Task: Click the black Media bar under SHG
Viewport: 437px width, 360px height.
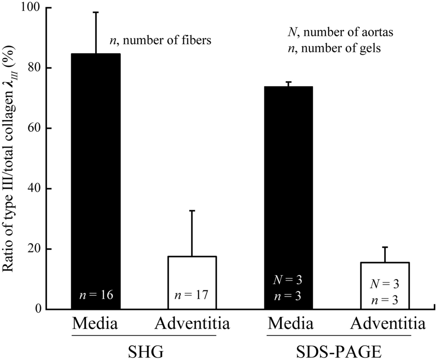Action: (x=96, y=181)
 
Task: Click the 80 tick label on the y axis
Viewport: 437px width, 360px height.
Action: (x=33, y=68)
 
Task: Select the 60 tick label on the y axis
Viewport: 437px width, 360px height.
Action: (x=33, y=128)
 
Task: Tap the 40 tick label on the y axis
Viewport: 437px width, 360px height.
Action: (x=33, y=189)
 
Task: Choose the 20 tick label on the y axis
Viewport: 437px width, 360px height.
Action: (x=33, y=249)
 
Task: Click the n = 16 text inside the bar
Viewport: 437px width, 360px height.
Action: (x=96, y=295)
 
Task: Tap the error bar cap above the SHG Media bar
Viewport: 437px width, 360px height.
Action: (x=96, y=12)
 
